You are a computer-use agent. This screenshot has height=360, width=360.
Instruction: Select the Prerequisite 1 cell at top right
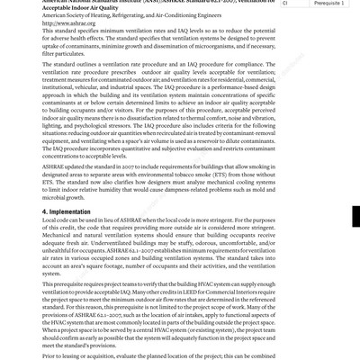point(328,3)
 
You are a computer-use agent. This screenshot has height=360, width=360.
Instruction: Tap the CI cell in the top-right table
point(285,3)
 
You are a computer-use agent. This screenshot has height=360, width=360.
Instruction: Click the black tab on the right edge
point(355,216)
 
